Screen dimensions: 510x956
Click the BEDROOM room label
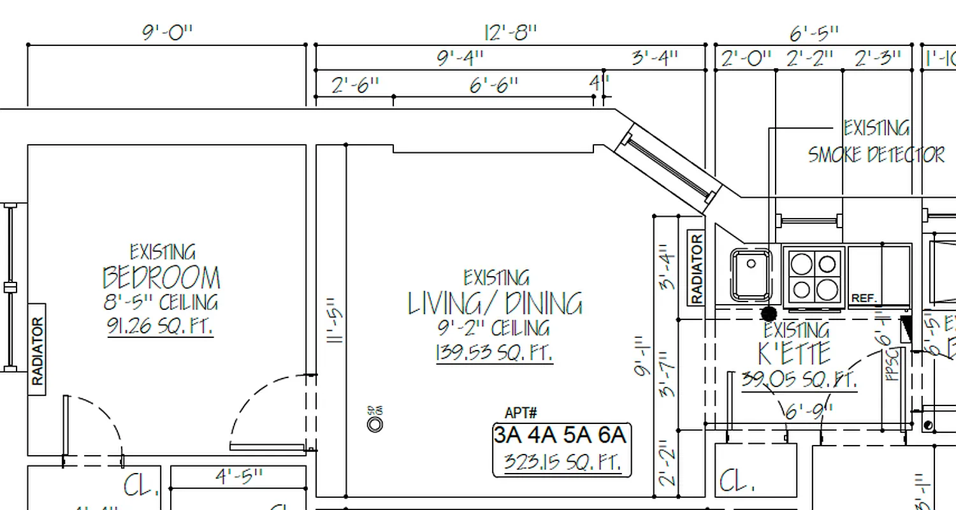[161, 278]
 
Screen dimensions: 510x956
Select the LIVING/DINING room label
[495, 303]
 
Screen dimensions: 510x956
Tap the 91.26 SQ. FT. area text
[160, 326]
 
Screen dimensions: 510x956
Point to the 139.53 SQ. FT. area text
[494, 353]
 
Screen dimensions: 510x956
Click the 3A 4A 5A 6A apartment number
[560, 435]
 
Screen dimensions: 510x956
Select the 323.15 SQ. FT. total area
[561, 461]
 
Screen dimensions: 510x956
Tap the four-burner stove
[814, 276]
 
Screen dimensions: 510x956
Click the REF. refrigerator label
[864, 298]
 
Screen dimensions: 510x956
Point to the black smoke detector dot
[769, 314]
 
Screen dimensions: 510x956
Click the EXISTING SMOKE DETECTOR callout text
[876, 142]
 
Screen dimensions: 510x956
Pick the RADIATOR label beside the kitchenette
[696, 268]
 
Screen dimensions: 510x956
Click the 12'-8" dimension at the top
[511, 33]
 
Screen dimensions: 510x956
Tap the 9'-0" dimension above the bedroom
[167, 33]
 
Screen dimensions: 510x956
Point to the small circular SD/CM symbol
[375, 423]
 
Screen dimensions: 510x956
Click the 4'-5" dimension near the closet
[239, 477]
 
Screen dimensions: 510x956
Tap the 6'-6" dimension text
[494, 85]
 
